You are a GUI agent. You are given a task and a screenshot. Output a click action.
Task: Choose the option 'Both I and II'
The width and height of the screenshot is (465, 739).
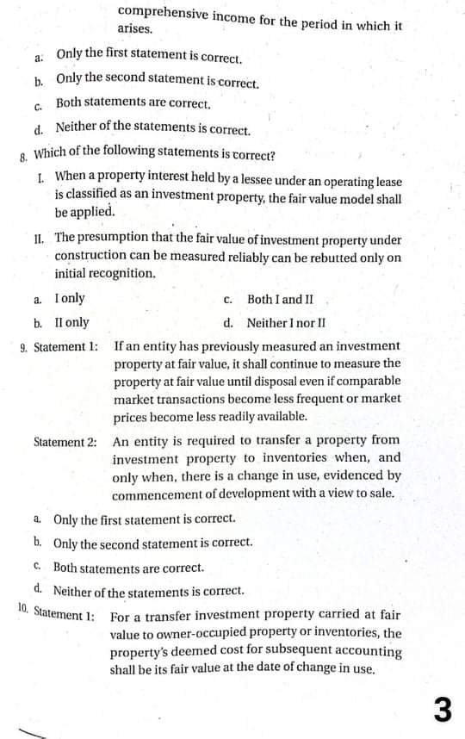pyautogui.click(x=280, y=300)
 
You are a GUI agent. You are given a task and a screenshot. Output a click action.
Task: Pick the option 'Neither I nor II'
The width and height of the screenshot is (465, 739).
pyautogui.click(x=286, y=324)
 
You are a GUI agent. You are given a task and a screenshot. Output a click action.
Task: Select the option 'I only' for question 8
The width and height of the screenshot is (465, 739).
pyautogui.click(x=70, y=299)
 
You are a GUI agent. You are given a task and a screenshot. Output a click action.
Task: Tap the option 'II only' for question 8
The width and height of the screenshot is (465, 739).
pyautogui.click(x=71, y=323)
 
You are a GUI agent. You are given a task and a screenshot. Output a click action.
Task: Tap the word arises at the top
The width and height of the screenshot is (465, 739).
pyautogui.click(x=136, y=29)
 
